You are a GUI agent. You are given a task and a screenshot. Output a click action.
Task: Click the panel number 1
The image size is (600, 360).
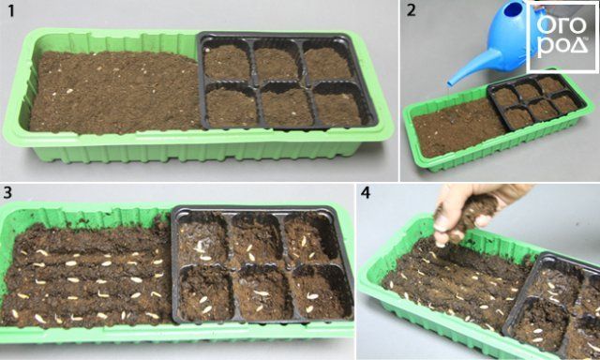11,11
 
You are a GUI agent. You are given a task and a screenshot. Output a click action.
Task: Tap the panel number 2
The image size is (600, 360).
411,10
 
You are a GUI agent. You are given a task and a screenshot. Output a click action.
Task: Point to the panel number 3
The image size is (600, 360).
7,192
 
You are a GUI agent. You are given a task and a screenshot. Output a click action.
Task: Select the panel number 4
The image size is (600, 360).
366,192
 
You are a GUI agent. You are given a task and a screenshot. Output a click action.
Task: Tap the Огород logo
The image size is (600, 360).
562,37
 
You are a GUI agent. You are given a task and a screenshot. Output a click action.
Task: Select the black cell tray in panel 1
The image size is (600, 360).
287,81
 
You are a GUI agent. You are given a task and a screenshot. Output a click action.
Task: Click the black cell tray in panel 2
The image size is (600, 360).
536,100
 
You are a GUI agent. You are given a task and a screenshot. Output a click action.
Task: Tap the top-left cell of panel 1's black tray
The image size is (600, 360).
227,61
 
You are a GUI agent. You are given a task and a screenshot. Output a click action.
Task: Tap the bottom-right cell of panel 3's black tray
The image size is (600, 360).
321,292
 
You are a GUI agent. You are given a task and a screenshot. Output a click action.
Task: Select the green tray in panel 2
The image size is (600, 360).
498,123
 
